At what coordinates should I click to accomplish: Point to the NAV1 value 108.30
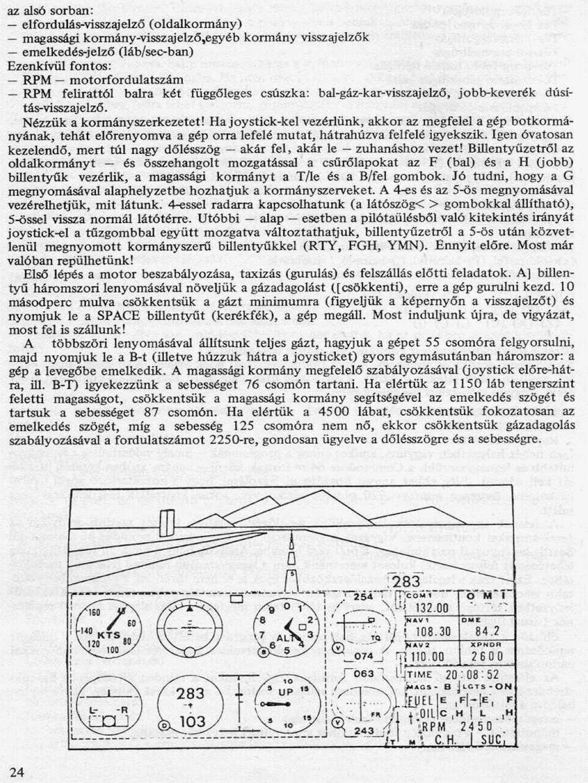[433, 631]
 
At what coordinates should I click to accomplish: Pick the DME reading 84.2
[487, 631]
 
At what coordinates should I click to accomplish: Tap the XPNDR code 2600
[487, 656]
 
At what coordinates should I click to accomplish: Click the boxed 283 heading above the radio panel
[407, 582]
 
